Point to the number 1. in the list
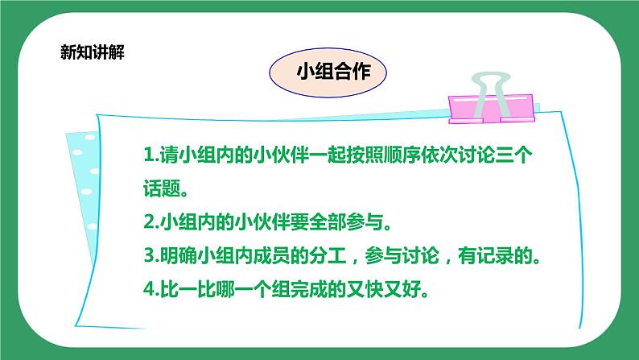(x=149, y=154)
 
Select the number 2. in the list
(x=149, y=222)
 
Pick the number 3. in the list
(x=149, y=257)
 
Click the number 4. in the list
(x=149, y=291)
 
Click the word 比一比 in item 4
(x=185, y=291)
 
